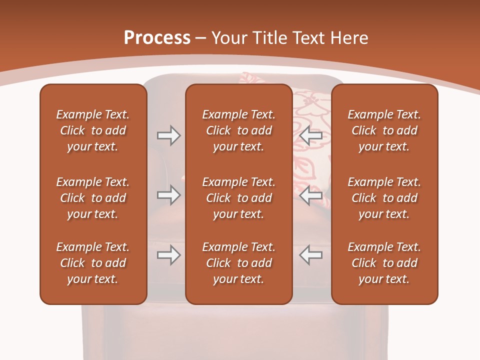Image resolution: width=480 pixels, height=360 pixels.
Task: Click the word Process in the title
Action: coord(157,37)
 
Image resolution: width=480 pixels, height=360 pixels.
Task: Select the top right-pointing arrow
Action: coord(169,135)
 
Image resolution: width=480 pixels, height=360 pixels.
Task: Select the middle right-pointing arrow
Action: coord(169,195)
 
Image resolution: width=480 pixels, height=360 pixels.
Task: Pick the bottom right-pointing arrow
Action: coord(169,255)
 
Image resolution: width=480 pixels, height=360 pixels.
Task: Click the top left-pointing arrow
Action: coord(310,135)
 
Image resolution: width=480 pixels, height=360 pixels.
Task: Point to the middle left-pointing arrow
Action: coord(310,195)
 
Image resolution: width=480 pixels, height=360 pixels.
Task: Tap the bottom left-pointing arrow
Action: coord(310,255)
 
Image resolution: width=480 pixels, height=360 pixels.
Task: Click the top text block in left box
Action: coord(93,130)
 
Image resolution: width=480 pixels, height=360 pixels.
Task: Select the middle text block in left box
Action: coord(93,198)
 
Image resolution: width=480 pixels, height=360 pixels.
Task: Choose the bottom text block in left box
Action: coord(93,263)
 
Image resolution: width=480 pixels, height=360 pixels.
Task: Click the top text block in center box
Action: coord(238,130)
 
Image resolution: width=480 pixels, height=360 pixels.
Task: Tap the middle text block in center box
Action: coord(238,198)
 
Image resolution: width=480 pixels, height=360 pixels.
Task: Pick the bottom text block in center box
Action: coord(238,263)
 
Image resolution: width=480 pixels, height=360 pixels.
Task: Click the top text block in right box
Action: coord(384,130)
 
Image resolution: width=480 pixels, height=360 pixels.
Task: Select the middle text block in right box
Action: coord(384,198)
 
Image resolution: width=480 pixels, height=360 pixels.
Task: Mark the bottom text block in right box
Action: coord(384,263)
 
